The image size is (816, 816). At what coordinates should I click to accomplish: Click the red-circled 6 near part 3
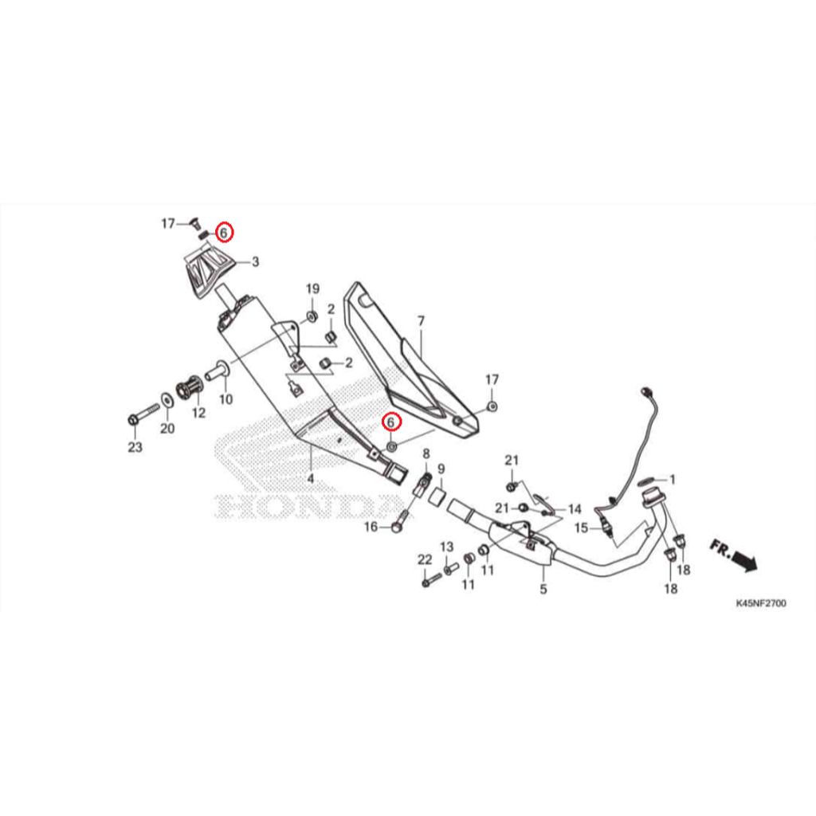pos(224,232)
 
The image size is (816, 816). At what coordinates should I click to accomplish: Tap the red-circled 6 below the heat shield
pos(390,422)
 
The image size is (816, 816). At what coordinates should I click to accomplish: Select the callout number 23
pos(135,447)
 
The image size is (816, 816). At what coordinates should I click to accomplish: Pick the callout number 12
pos(198,413)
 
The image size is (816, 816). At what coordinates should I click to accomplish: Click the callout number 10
pos(226,399)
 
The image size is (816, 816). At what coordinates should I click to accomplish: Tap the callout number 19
pos(312,288)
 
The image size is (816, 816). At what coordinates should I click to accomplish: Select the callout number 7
pos(421,321)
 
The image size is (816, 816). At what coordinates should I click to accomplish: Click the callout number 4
pos(311,478)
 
